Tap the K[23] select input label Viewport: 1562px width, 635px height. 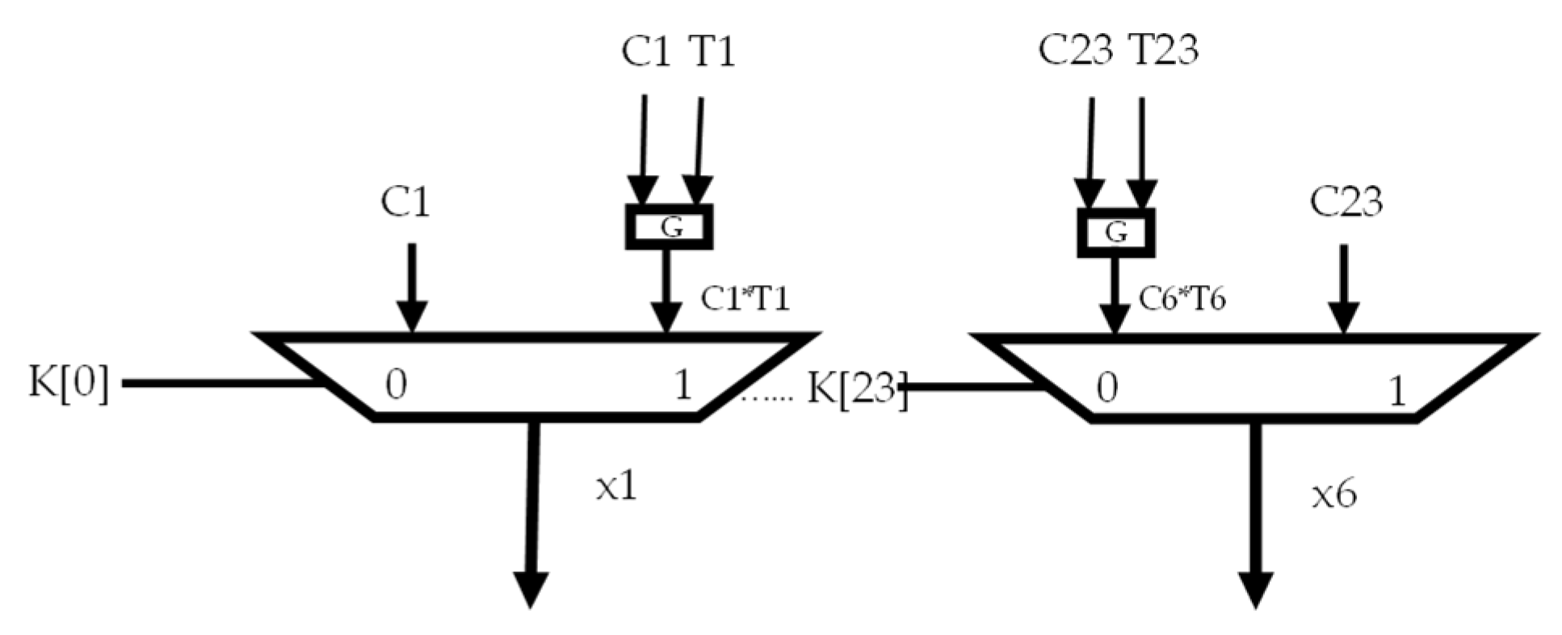point(856,389)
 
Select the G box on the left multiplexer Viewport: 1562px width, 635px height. point(670,227)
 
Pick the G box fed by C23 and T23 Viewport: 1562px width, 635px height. point(1115,233)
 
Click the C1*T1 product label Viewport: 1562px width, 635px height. point(744,299)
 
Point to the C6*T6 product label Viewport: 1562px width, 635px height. point(1182,299)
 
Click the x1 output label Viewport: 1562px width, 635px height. point(616,487)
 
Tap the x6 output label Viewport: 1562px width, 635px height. point(1333,494)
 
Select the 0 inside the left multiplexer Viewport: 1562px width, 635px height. point(396,385)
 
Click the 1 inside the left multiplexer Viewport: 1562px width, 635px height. point(682,385)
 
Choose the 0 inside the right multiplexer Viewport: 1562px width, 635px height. point(1107,389)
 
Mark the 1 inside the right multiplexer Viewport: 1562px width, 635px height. point(1396,393)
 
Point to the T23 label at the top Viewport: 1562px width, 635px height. point(1162,50)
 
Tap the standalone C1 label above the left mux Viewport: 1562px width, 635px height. point(405,201)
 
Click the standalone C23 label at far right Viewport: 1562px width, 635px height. point(1346,201)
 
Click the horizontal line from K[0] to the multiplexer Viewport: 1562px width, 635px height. point(218,383)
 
